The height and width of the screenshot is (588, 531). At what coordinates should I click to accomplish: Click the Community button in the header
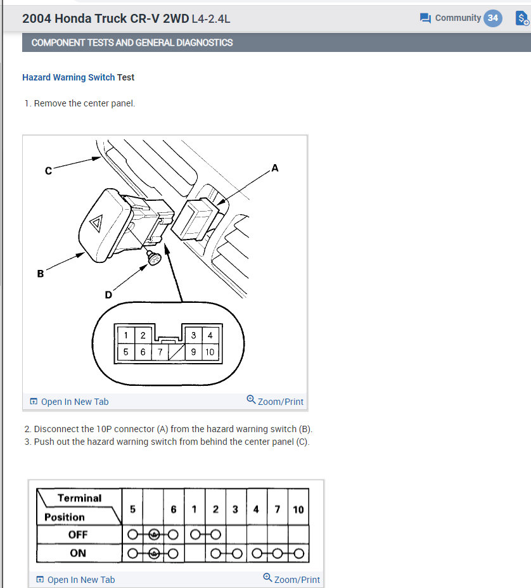pyautogui.click(x=451, y=18)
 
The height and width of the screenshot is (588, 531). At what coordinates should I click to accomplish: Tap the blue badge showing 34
pyautogui.click(x=492, y=18)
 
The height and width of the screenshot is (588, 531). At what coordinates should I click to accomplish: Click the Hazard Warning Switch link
pyautogui.click(x=68, y=77)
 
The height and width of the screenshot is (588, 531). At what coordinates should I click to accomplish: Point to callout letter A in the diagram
pyautogui.click(x=274, y=168)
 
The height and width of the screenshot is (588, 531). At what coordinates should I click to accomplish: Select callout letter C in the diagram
pyautogui.click(x=48, y=170)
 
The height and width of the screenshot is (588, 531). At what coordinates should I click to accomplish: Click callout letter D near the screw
pyautogui.click(x=108, y=295)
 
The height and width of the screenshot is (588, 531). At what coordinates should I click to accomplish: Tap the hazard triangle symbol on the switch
pyautogui.click(x=96, y=223)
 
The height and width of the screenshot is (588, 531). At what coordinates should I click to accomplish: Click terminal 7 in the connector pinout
pyautogui.click(x=160, y=352)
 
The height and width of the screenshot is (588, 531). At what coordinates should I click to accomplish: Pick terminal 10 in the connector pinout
pyautogui.click(x=210, y=352)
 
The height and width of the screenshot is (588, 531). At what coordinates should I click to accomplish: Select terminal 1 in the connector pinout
pyautogui.click(x=126, y=335)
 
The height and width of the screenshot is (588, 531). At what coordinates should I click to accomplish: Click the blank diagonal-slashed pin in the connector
pyautogui.click(x=176, y=352)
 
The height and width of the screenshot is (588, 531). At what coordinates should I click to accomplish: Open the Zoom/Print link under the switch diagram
pyautogui.click(x=275, y=401)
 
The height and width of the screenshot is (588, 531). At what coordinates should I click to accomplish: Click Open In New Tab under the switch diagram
pyautogui.click(x=69, y=402)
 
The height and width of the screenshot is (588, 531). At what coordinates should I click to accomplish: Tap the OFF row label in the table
pyautogui.click(x=77, y=535)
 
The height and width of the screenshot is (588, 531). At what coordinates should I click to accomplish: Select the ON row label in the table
pyautogui.click(x=77, y=553)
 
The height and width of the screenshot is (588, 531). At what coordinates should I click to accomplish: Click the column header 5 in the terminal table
pyautogui.click(x=132, y=509)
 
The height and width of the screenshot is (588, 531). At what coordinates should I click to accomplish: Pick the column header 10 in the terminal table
pyautogui.click(x=298, y=509)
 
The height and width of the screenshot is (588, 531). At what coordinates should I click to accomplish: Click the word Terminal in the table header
pyautogui.click(x=80, y=498)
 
